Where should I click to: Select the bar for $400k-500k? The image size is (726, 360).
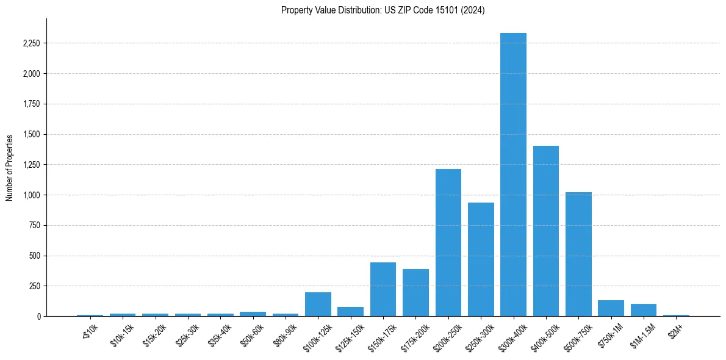coord(545,231)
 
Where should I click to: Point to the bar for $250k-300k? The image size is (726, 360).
coord(481,259)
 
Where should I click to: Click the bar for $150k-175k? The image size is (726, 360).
coord(383,289)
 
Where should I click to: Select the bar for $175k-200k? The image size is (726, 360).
coord(415,293)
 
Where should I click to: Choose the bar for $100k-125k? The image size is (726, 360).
coord(318,304)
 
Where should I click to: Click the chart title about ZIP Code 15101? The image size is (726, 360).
coord(383,10)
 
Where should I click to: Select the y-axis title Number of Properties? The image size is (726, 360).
coord(10,167)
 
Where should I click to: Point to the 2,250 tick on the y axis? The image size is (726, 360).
coord(30,43)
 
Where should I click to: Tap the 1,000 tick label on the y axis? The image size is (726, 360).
coord(30,195)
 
